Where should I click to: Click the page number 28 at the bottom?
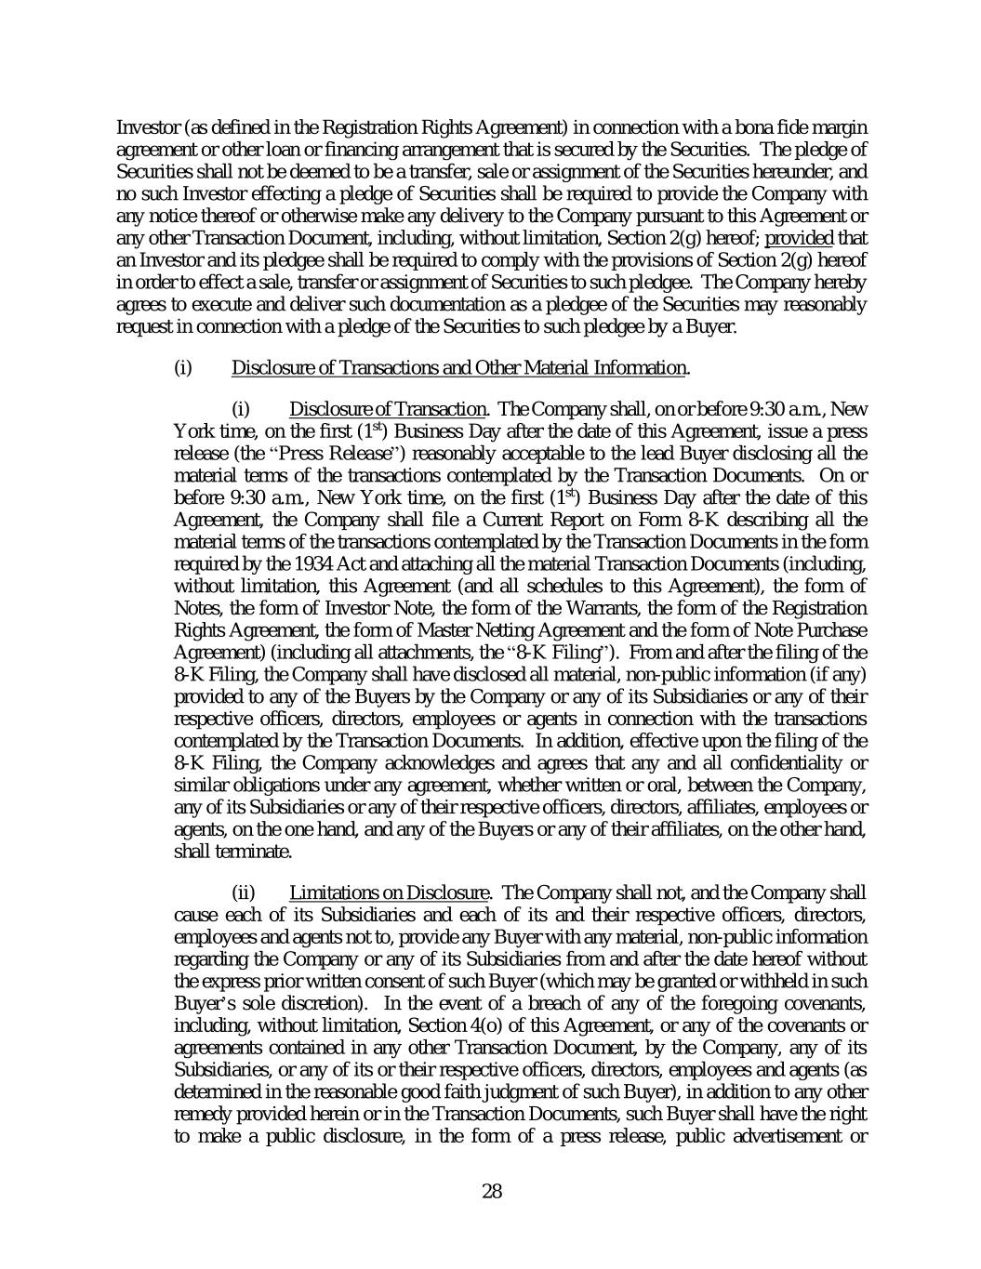click(492, 1191)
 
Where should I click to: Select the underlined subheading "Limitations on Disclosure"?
click(389, 893)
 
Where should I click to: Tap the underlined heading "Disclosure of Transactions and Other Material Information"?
click(458, 368)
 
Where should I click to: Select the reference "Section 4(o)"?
click(453, 1026)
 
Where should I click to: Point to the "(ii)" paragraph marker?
click(242, 893)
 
